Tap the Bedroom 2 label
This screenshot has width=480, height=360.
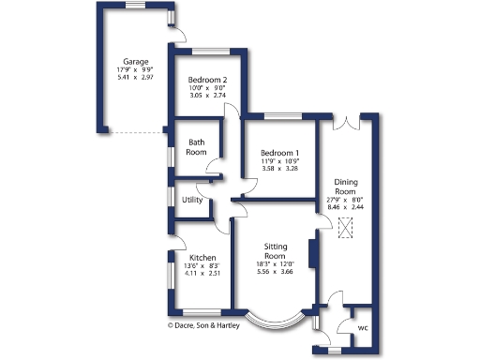pyautogui.click(x=206, y=80)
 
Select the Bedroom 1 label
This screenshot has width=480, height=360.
pyautogui.click(x=279, y=153)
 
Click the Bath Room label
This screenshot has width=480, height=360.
pyautogui.click(x=196, y=147)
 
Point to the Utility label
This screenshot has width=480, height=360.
pyautogui.click(x=193, y=200)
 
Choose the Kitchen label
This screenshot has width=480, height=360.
pyautogui.click(x=202, y=258)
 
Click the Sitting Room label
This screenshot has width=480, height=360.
pyautogui.click(x=275, y=250)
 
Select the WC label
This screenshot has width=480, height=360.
pyautogui.click(x=363, y=328)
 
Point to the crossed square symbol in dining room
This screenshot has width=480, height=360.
pyautogui.click(x=346, y=226)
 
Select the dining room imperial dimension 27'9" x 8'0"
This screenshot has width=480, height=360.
pyautogui.click(x=346, y=199)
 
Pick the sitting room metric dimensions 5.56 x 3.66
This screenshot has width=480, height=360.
pyautogui.click(x=275, y=272)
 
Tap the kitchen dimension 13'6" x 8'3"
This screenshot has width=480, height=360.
pyautogui.click(x=202, y=266)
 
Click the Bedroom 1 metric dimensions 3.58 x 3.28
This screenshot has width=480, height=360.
pyautogui.click(x=279, y=170)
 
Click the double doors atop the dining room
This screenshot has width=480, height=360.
pyautogui.click(x=346, y=120)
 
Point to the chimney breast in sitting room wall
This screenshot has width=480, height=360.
pyautogui.click(x=314, y=252)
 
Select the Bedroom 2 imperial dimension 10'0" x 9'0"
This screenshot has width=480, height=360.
pyautogui.click(x=206, y=88)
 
